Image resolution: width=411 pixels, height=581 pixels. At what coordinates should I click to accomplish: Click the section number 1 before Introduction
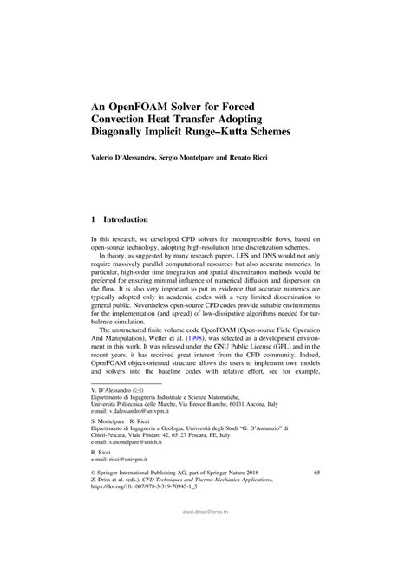point(94,220)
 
